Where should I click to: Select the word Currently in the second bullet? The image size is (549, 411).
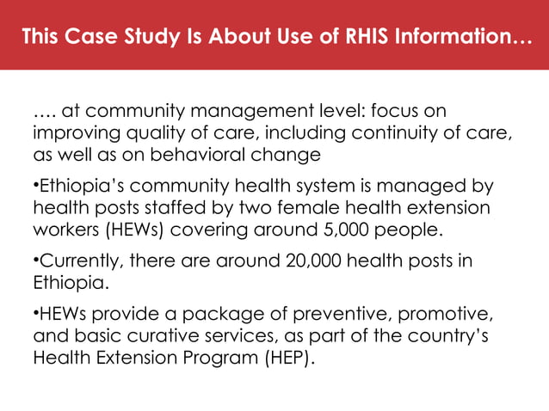click(x=75, y=261)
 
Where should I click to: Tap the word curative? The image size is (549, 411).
click(x=161, y=334)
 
